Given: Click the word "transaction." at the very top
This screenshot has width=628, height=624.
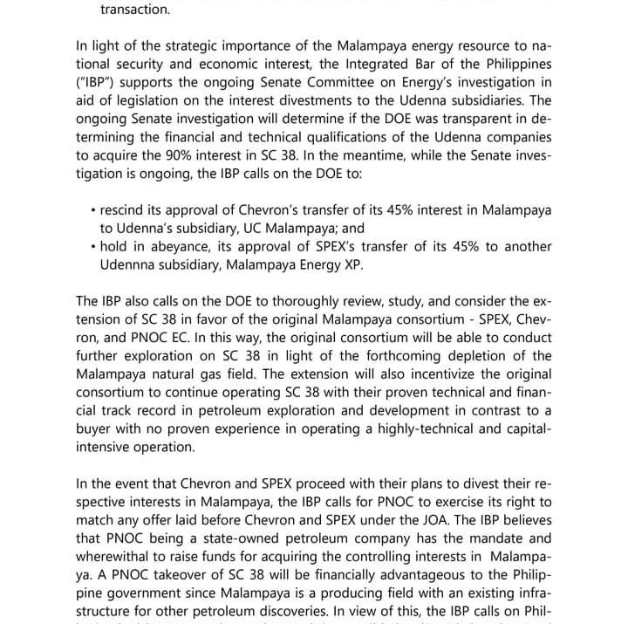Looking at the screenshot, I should (x=135, y=10).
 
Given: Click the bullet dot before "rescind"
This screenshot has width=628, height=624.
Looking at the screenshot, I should (x=92, y=210).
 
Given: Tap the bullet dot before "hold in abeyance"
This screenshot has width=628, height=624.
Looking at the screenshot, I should (x=92, y=247).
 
